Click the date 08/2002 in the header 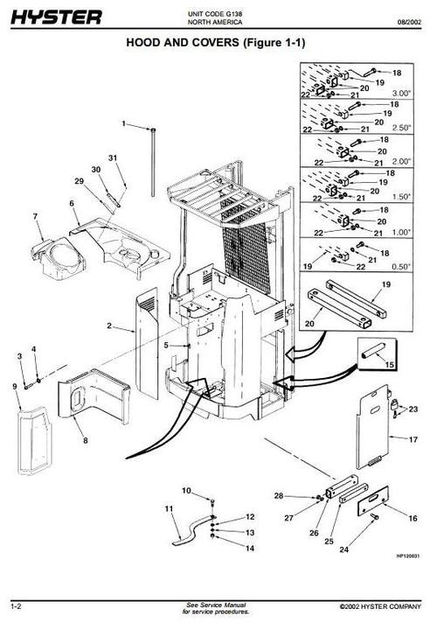click(x=413, y=21)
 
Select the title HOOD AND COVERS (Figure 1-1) click(x=218, y=42)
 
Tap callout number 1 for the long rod click(x=124, y=123)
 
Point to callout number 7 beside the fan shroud click(x=36, y=215)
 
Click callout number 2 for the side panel click(x=109, y=326)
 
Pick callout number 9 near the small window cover click(x=15, y=386)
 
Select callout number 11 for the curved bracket click(x=169, y=508)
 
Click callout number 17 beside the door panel click(x=415, y=437)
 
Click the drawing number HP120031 click(x=408, y=579)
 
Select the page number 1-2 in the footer click(x=16, y=605)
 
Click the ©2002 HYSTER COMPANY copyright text click(x=381, y=606)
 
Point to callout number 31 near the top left click(x=113, y=157)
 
